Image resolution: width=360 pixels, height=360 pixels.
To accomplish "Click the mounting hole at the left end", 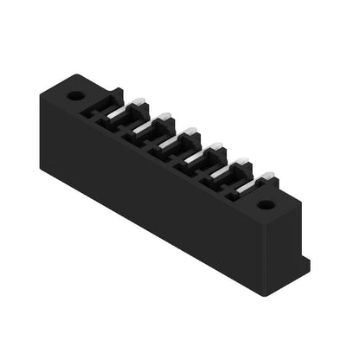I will point(75,95).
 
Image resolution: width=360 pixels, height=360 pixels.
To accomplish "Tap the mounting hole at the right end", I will point(266,205).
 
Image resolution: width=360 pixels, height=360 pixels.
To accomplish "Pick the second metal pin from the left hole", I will point(164,119).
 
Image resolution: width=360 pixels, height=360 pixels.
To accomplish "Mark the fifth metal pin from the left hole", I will point(241,163).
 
